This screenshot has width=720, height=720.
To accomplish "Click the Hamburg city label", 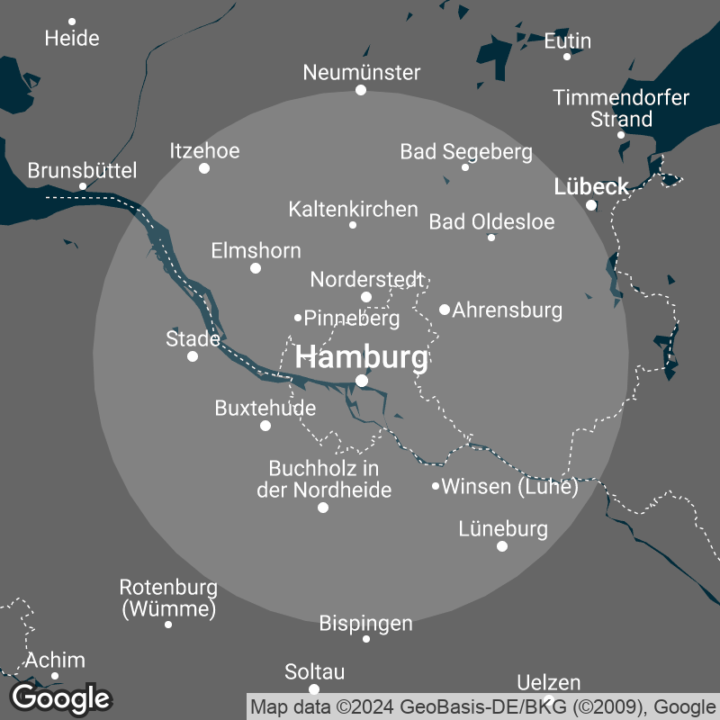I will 362,357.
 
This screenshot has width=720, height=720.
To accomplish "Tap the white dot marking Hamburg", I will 362,381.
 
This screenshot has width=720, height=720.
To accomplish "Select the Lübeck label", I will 591,187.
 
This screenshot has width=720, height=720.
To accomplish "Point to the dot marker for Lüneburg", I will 502,546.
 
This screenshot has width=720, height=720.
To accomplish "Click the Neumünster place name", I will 362,72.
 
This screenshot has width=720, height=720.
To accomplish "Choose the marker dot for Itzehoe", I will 204,168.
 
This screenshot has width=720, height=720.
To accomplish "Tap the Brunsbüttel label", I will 82,170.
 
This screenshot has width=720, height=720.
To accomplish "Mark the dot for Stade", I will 192,356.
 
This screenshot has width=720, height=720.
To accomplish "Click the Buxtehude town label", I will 265,408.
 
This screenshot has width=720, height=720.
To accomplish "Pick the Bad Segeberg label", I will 466,151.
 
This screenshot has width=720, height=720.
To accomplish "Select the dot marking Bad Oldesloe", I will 490,238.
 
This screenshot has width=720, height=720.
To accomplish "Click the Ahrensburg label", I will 508,310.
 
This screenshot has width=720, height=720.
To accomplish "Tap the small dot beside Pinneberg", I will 298,317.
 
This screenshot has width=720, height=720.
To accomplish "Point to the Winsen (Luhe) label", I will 510,487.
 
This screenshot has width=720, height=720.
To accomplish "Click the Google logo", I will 61,697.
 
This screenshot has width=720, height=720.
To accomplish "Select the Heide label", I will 72,38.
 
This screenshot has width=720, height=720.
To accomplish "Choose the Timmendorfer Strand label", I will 621,108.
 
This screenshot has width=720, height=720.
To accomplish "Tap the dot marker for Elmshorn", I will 256,268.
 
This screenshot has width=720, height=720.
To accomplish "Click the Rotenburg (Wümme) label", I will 168,598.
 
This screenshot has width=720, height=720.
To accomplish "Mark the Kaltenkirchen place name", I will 354,209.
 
